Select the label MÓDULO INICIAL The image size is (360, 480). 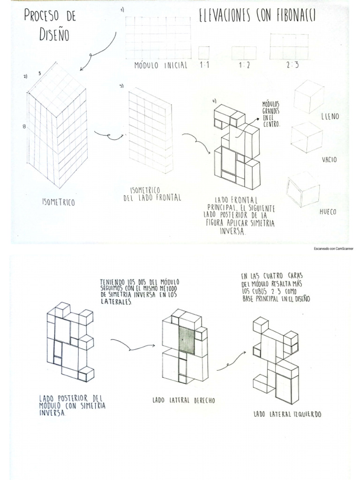pyautogui.click(x=161, y=65)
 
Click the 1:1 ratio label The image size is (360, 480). pyautogui.click(x=204, y=65)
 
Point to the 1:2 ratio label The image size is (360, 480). pyautogui.click(x=244, y=65)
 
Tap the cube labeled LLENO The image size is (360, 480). pyautogui.click(x=308, y=96)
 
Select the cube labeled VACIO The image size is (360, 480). pyautogui.click(x=306, y=137)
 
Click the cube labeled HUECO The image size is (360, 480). pyautogui.click(x=303, y=189)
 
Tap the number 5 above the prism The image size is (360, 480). pyautogui.click(x=40, y=73)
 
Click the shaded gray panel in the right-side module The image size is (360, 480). pyautogui.click(x=187, y=340)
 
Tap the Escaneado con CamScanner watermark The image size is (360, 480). pyautogui.click(x=333, y=248)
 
